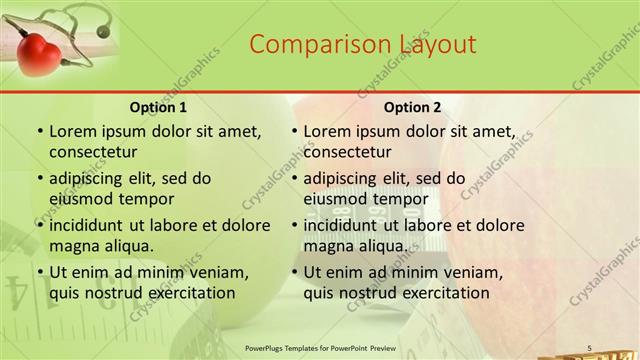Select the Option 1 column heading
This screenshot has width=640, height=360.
158,107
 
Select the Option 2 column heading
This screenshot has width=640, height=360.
413,107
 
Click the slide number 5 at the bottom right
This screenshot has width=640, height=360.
589,347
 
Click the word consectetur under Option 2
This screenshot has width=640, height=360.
347,152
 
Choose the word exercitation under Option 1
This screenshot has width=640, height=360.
183,293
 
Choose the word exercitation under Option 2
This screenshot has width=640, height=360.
438,293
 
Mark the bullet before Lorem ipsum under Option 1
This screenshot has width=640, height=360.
39,132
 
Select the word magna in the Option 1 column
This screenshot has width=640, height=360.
73,245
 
